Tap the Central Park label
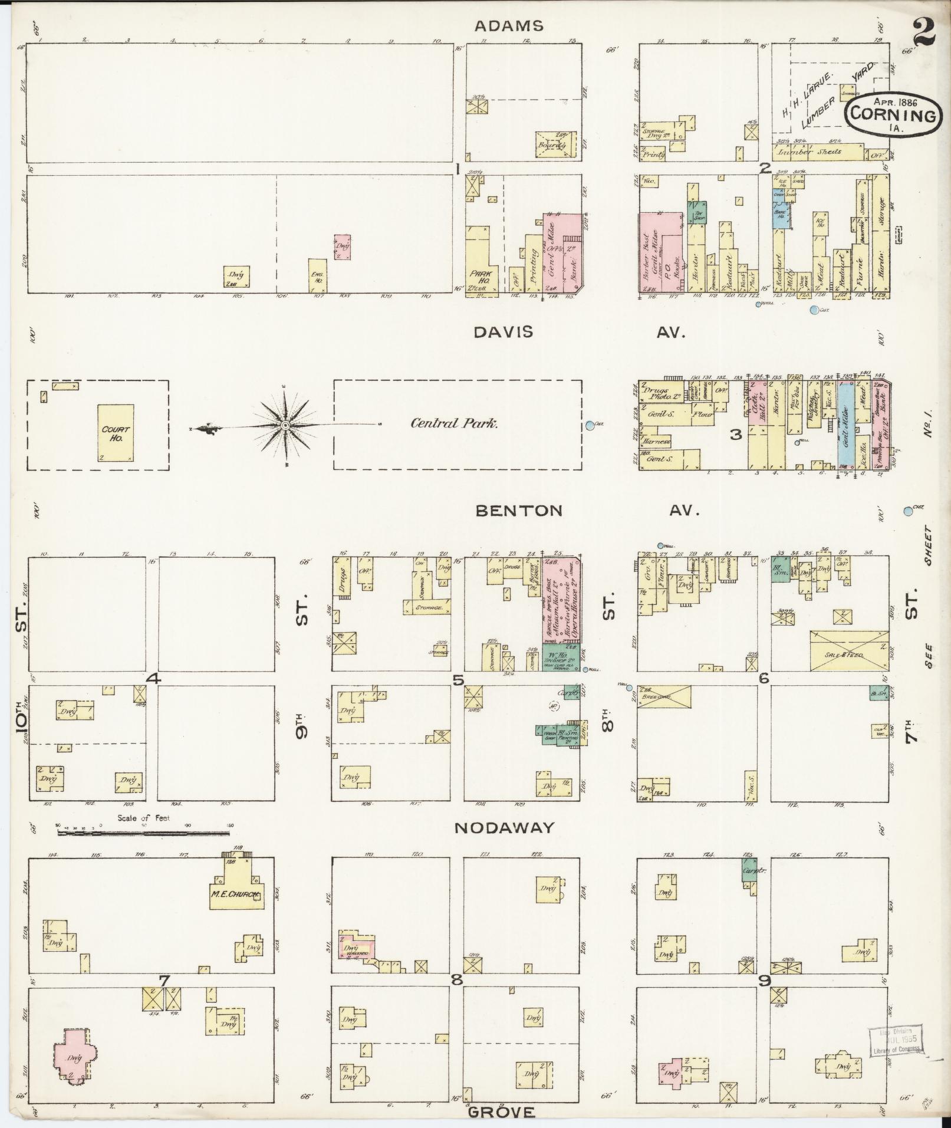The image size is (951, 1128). coord(454,423)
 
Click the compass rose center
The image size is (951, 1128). coord(285,425)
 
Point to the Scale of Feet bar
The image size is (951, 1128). coord(144,833)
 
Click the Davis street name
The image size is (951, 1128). coord(503,332)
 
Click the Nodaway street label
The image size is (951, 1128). coord(504,827)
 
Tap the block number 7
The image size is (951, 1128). coord(164,979)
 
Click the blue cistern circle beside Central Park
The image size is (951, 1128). coord(590,425)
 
